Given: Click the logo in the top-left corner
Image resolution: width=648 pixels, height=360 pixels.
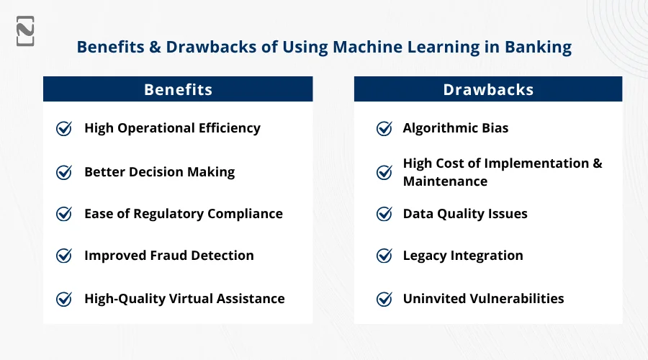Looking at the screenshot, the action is (x=25, y=31).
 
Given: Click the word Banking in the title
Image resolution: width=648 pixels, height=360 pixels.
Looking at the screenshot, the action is (x=538, y=47).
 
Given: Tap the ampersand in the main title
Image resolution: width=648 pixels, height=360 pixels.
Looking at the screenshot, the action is (x=155, y=47).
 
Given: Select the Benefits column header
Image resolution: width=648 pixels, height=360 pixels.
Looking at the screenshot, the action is (x=178, y=89).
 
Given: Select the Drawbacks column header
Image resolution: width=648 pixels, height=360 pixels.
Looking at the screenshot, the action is (x=488, y=89).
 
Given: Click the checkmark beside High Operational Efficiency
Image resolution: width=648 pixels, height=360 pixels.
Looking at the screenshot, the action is (x=64, y=129).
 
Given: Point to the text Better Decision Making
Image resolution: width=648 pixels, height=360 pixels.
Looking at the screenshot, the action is (x=160, y=172).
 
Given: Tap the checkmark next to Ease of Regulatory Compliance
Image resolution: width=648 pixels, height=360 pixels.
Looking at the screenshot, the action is (x=64, y=214).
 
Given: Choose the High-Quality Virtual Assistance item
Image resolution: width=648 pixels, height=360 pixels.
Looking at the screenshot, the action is (x=184, y=298).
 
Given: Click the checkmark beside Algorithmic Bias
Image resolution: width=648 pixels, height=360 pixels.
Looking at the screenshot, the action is (x=384, y=129).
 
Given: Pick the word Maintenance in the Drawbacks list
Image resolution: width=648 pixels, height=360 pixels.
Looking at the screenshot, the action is (x=445, y=181).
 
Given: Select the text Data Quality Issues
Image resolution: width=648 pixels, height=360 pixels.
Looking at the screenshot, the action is (x=465, y=214).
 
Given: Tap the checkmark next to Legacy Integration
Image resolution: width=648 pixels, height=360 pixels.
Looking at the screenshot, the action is (x=384, y=256).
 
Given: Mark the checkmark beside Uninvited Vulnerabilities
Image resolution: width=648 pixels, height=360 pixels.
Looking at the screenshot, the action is (x=384, y=299).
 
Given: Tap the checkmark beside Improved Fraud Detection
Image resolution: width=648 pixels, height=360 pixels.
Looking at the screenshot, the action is (x=64, y=256).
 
